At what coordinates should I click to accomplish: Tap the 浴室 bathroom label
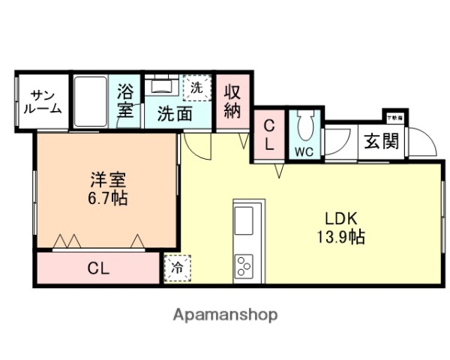tap(126, 101)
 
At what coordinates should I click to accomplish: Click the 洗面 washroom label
tap(173, 113)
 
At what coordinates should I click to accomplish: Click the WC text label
tap(304, 151)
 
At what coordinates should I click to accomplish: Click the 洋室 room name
tap(107, 181)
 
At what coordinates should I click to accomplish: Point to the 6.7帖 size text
tap(107, 199)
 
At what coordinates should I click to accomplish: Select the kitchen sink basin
tap(246, 223)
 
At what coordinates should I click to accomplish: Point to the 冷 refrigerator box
tap(178, 267)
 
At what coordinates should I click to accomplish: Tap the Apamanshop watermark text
tap(226, 315)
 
